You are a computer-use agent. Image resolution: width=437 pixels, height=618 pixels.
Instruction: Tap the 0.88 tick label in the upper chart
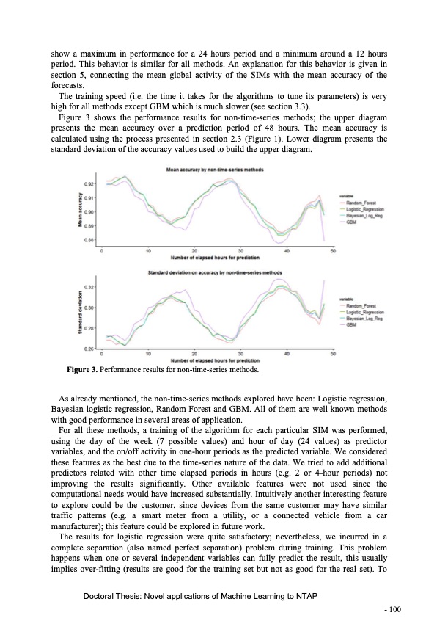(x=90, y=240)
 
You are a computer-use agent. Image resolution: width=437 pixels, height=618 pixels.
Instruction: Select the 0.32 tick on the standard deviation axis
(x=90, y=286)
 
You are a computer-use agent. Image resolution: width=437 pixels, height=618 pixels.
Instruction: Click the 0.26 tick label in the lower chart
(x=90, y=348)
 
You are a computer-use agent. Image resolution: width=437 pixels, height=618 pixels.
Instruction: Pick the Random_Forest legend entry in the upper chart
(x=362, y=203)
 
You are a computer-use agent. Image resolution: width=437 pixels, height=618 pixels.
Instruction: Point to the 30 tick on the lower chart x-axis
(x=240, y=355)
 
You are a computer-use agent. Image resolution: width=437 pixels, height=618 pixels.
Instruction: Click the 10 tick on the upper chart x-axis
(x=148, y=251)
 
